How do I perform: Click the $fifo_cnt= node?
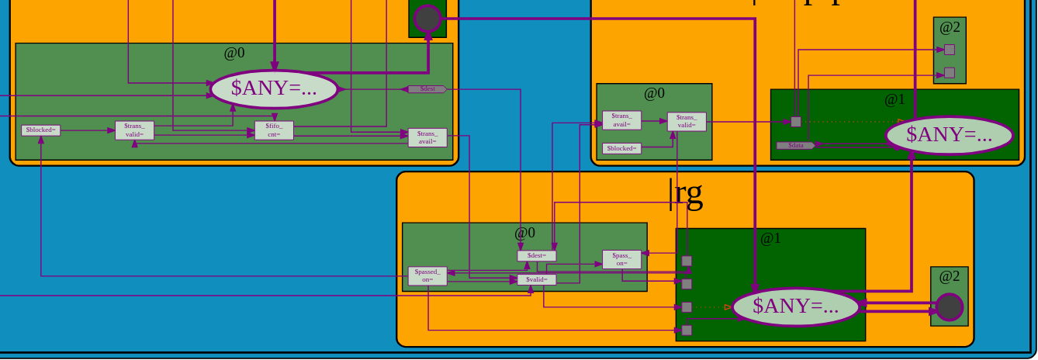pos(274,130)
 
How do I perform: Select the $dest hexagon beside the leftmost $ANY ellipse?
pos(427,89)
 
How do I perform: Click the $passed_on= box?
pos(427,275)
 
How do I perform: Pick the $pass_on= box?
pos(621,259)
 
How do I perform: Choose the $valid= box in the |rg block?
pos(536,279)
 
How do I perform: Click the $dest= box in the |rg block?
pos(536,256)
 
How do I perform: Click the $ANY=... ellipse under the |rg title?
pos(795,306)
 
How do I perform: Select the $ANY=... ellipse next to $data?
pos(949,135)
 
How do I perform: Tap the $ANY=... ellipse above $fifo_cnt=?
pos(274,89)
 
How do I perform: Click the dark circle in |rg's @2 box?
pos(949,307)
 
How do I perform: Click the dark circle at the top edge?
pos(427,18)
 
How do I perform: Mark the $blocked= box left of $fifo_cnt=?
pos(40,130)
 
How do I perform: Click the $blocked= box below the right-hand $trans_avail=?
pos(621,148)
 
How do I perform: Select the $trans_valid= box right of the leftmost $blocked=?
pos(134,130)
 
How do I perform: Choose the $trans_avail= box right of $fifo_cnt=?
pos(427,137)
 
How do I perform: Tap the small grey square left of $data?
pos(796,122)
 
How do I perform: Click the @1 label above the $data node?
pos(894,99)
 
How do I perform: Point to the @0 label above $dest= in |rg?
pos(525,232)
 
